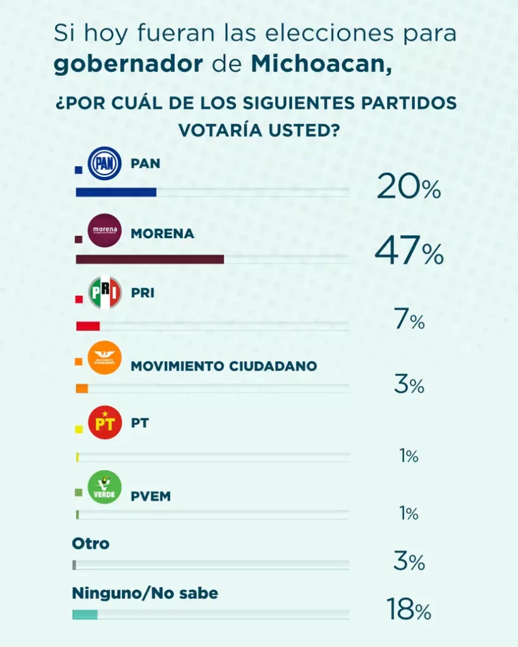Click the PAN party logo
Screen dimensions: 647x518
pyautogui.click(x=104, y=163)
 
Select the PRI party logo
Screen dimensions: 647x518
pyautogui.click(x=104, y=293)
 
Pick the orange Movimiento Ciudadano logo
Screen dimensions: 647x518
pyautogui.click(x=104, y=358)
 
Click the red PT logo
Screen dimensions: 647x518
pyautogui.click(x=104, y=423)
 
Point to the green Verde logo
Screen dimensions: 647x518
pyautogui.click(x=104, y=488)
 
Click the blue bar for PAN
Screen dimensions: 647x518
pyautogui.click(x=116, y=192)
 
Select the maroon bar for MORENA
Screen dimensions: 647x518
pyautogui.click(x=149, y=259)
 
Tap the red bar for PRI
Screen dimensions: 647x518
pyautogui.click(x=88, y=326)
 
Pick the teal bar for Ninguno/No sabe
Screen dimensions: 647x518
pyautogui.click(x=85, y=614)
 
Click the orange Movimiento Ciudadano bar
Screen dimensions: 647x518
pyautogui.click(x=82, y=389)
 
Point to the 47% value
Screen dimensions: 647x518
pyautogui.click(x=409, y=253)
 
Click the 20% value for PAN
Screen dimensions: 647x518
pyautogui.click(x=409, y=187)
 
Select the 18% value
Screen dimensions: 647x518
pyautogui.click(x=409, y=610)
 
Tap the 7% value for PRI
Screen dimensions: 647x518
pyautogui.click(x=409, y=321)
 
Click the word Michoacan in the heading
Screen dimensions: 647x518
pyautogui.click(x=321, y=64)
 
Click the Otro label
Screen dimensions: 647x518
pyautogui.click(x=90, y=543)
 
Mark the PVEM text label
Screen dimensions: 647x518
pyautogui.click(x=151, y=496)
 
